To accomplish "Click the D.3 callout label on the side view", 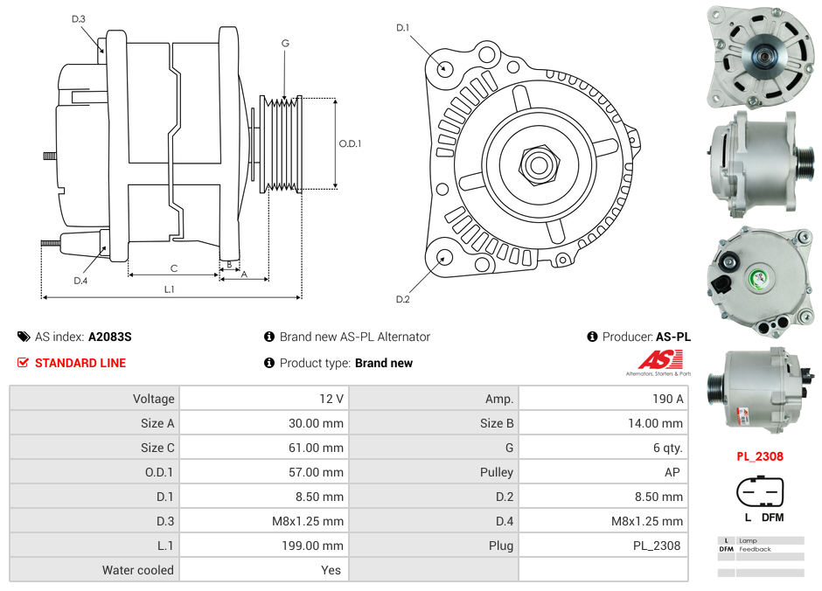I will tap(79, 18).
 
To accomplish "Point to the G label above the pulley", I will tap(285, 43).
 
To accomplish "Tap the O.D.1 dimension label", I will tap(350, 143).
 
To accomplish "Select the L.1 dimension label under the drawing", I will tap(170, 289).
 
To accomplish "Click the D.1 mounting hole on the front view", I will tap(444, 67).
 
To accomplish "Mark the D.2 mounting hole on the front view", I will tap(443, 257).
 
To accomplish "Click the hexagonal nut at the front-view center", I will tap(538, 163).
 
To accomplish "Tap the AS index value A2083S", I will tap(109, 337).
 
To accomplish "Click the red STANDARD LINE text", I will tap(80, 363).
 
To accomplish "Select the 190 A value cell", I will tap(668, 399).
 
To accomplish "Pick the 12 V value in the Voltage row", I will tap(331, 399).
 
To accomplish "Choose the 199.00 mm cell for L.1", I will tap(316, 546).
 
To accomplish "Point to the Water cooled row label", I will tap(138, 570).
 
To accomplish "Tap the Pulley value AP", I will tap(672, 472).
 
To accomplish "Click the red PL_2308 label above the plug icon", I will tap(759, 456).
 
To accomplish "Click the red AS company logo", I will tap(660, 360).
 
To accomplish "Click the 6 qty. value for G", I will tap(666, 448).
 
